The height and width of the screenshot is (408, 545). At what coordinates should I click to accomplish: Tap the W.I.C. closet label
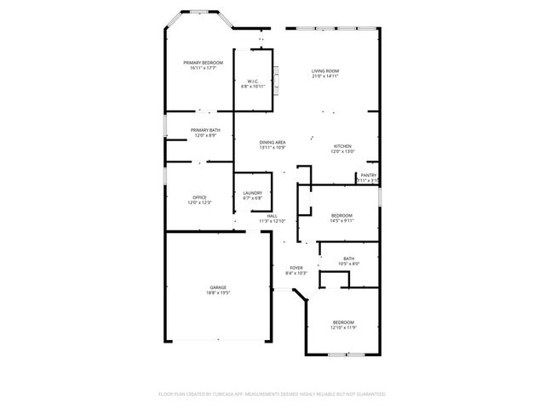(253, 82)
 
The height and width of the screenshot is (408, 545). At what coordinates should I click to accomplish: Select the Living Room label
(324, 71)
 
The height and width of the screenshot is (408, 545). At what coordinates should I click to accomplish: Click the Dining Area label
(272, 143)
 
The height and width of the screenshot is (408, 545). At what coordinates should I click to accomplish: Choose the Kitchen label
(342, 146)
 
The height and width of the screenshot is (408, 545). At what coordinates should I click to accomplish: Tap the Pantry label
(368, 176)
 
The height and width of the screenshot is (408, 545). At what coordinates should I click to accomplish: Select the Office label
(199, 197)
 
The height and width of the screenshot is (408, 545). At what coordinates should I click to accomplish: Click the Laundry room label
(252, 194)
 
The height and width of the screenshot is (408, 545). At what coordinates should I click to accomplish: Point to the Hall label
(272, 216)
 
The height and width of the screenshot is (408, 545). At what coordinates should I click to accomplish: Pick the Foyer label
(295, 268)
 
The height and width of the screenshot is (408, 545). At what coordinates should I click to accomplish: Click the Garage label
(218, 287)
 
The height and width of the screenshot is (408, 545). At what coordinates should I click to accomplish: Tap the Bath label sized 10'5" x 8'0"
(349, 258)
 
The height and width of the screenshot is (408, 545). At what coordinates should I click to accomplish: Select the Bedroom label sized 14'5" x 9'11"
(342, 216)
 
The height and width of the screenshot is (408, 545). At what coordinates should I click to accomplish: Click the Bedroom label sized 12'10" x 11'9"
(344, 322)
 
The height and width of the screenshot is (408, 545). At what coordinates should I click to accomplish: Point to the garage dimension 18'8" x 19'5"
(218, 293)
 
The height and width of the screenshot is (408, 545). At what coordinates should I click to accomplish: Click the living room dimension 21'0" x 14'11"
(324, 76)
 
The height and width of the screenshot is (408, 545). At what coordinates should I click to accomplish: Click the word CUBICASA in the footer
(226, 394)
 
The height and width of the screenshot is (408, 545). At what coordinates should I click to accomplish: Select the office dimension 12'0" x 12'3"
(199, 203)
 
